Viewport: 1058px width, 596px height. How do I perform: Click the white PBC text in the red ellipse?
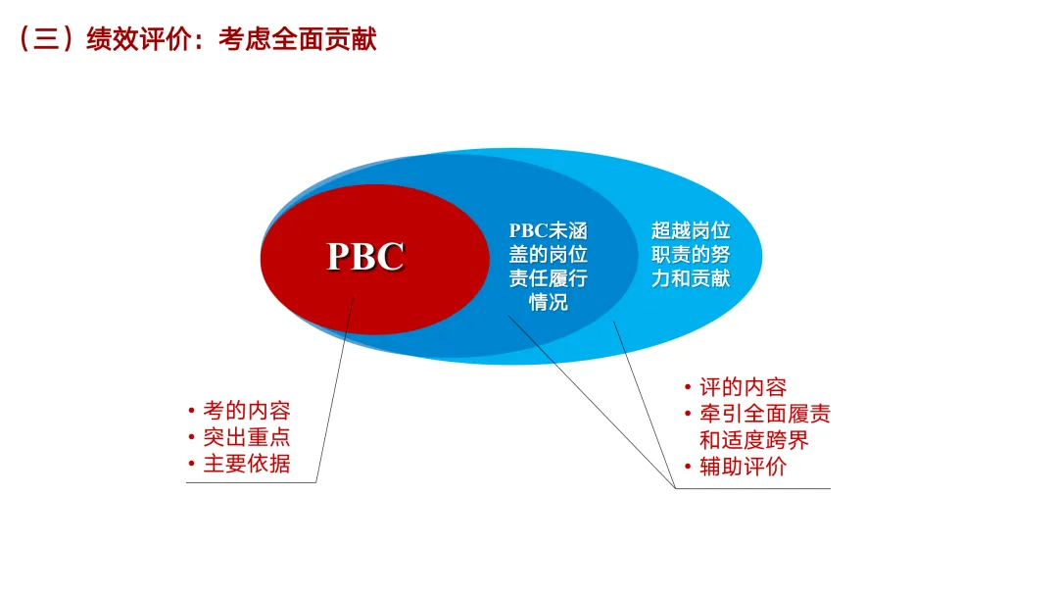coord(365,257)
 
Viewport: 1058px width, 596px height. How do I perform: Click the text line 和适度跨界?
coord(753,440)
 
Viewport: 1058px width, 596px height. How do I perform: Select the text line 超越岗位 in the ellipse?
coord(691,231)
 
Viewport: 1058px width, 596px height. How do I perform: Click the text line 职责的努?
coord(691,255)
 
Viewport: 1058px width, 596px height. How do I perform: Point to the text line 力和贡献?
coord(691,278)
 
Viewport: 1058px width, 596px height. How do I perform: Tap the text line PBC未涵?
coord(548,231)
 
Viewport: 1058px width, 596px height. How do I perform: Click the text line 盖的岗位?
coord(548,255)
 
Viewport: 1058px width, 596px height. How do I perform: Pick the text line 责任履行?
coord(548,278)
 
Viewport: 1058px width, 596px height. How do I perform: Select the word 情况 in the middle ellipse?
coord(548,302)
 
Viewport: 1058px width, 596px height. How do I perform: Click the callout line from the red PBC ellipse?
coord(333,392)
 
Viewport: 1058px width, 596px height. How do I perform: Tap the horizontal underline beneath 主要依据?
coord(251,482)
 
